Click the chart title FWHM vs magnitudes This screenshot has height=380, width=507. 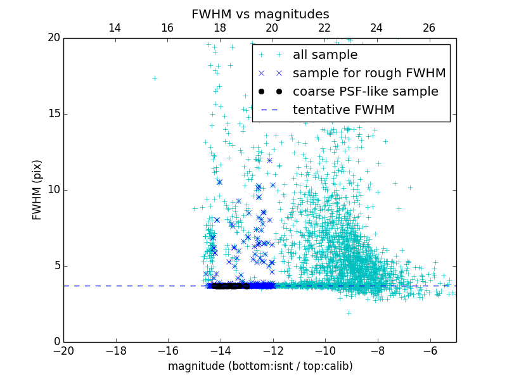coord(260,14)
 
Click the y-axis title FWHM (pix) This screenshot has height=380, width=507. coord(37,189)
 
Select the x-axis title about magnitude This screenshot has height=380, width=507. coord(260,366)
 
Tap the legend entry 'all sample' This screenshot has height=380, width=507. coord(325,55)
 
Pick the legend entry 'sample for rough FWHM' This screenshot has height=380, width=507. coord(369,73)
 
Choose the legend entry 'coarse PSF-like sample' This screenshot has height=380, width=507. coord(365,92)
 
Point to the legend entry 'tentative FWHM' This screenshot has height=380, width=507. coord(343,110)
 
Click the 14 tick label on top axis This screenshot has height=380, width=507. coord(115,28)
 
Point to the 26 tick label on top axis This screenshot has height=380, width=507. coord(429,28)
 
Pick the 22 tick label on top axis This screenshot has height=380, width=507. coord(324,28)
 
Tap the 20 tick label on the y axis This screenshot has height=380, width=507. coord(53,38)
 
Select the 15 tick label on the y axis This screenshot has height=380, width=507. coord(53,114)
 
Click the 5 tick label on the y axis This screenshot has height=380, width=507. coord(56,266)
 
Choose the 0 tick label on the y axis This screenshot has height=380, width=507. coord(56,342)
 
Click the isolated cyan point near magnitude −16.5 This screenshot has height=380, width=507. coord(155,78)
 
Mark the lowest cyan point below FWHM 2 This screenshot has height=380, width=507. coord(349,312)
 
